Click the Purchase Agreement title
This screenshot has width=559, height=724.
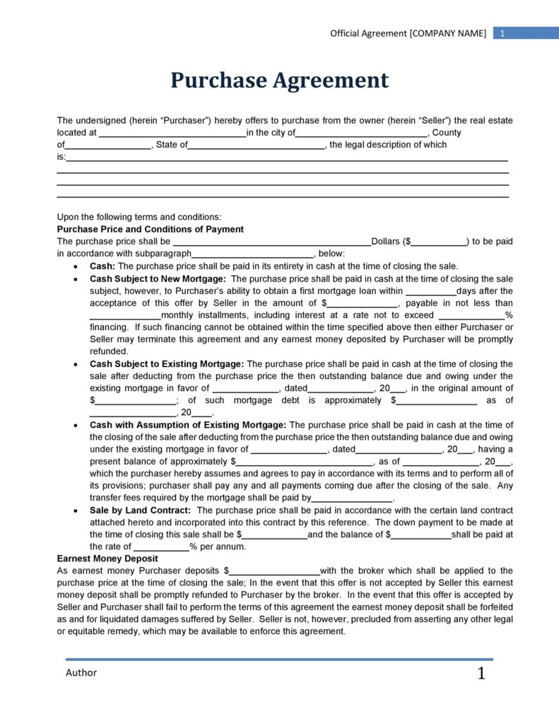tap(279, 81)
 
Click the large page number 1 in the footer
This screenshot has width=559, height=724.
tap(481, 674)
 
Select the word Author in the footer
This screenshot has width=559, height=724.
tap(81, 672)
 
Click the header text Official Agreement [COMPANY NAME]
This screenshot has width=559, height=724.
tap(408, 33)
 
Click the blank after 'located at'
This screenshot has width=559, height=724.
tap(172, 133)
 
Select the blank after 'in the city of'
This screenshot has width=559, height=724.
tap(361, 133)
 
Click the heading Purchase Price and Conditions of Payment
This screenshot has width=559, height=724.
tap(150, 229)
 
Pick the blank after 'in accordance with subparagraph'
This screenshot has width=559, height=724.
tap(252, 254)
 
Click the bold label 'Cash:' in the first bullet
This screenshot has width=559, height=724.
tap(102, 266)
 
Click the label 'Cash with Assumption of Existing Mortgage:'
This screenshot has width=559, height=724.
tap(188, 425)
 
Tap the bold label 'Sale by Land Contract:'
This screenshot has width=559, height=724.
tap(141, 510)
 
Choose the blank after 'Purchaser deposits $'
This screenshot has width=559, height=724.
tap(274, 571)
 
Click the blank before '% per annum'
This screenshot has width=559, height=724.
tap(161, 547)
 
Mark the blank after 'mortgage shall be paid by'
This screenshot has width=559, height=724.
tap(352, 498)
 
